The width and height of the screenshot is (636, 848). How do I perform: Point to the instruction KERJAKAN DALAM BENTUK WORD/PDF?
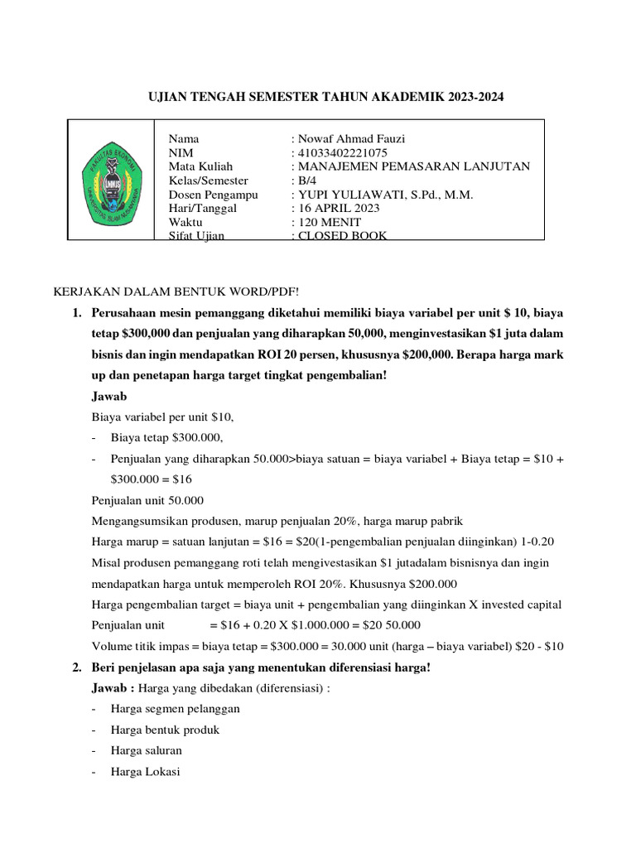(175, 291)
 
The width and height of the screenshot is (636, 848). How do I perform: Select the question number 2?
(76, 667)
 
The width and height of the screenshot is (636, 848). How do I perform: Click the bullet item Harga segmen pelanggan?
(175, 708)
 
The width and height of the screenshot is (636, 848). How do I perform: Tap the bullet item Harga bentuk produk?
(165, 730)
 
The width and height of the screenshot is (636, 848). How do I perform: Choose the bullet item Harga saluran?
(146, 750)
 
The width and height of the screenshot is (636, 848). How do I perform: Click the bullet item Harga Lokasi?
(144, 772)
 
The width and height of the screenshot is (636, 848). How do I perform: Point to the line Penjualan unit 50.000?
(147, 500)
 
